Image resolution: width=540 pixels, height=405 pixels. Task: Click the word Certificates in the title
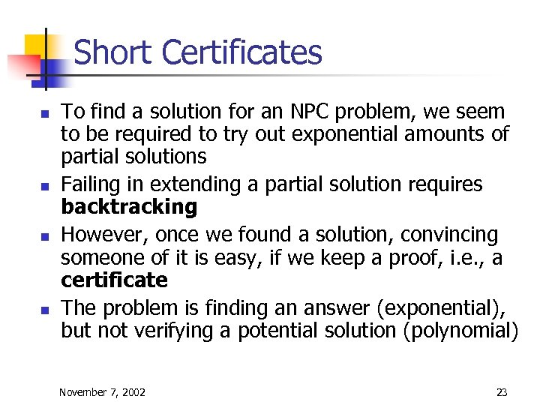pos(241,53)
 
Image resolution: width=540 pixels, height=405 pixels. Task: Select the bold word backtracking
pos(129,206)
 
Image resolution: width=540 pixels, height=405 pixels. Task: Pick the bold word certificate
pos(114,280)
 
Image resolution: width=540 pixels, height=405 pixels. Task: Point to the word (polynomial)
pos(460,331)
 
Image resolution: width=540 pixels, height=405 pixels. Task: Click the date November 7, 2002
pos(103,391)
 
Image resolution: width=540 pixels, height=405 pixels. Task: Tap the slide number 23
pos(502,391)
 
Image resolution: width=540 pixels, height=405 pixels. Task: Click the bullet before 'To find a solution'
pos(44,115)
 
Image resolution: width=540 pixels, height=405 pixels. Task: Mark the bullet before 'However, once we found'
pos(44,237)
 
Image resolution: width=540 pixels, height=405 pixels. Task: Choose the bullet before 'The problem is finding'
pos(44,310)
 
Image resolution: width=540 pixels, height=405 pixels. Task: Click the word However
pos(103,235)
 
